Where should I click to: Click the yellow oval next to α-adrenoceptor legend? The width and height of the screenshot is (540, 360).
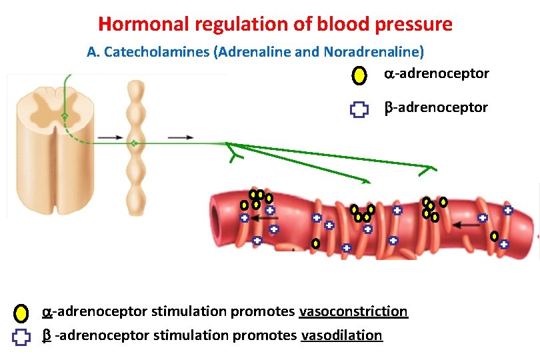359,75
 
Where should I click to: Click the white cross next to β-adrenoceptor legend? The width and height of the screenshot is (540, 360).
359,110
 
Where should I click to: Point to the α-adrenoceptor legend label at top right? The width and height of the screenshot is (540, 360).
437,73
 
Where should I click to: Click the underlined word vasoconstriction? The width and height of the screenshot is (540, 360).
353,311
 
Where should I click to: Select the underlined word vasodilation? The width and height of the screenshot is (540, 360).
342,335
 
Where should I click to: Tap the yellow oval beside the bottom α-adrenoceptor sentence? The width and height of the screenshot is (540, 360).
22,313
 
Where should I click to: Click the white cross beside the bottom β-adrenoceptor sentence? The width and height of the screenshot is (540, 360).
22,337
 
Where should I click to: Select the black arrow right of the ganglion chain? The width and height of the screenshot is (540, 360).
180,138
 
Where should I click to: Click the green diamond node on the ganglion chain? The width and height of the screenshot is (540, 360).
135,143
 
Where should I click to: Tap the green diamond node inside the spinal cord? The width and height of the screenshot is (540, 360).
64,116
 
